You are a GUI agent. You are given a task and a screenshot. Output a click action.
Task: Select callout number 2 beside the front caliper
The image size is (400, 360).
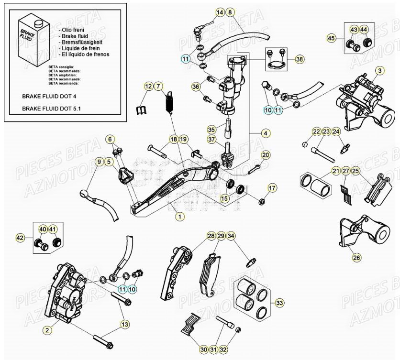(x=47, y=329)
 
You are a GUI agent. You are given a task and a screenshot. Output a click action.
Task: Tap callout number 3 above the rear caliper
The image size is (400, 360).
(x=379, y=71)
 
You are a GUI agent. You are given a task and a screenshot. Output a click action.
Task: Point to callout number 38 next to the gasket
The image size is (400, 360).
(x=300, y=60)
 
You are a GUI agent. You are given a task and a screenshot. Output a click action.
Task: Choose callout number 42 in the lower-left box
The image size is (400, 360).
(x=20, y=237)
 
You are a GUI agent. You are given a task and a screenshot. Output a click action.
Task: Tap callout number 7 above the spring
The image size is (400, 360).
(x=159, y=87)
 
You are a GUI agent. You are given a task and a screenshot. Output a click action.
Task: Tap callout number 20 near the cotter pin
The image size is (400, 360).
(x=266, y=155)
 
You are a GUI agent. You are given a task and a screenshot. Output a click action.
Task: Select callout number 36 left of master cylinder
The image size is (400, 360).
(x=195, y=87)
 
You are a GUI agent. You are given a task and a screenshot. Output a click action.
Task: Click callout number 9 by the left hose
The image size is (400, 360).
(x=99, y=162)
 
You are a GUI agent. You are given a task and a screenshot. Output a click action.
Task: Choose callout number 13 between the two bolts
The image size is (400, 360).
(x=124, y=325)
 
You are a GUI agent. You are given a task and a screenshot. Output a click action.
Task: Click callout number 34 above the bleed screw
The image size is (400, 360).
(x=231, y=236)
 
